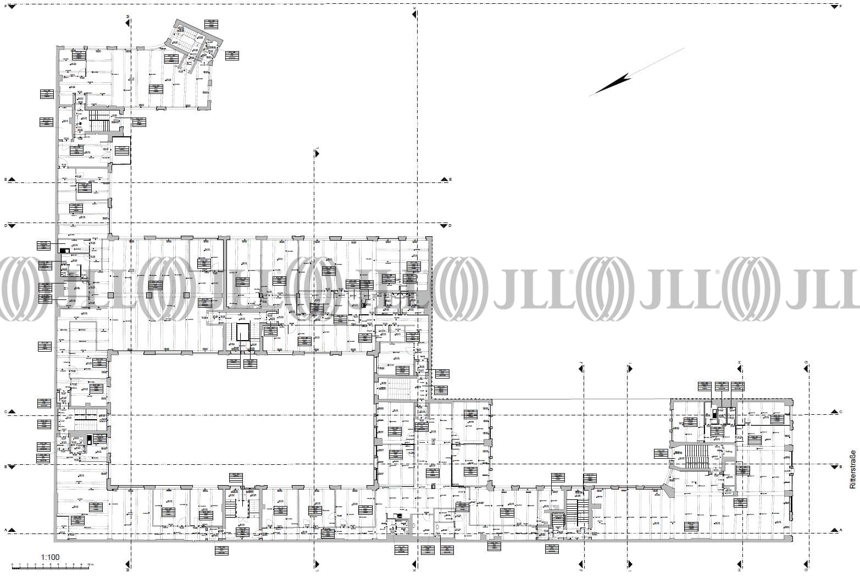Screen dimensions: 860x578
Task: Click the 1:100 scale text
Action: (50, 557)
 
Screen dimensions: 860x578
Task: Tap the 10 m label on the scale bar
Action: (90, 565)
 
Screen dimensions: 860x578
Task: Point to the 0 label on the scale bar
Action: (12, 565)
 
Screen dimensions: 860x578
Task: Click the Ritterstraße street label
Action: (852, 470)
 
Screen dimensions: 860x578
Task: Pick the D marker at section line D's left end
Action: (5, 225)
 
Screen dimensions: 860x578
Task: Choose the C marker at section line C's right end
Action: (841, 412)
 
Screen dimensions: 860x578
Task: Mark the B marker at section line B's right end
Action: (841, 466)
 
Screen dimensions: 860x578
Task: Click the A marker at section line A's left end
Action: (5, 530)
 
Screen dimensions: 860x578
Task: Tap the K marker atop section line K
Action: (414, 10)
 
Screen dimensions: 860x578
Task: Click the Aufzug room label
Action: (730, 452)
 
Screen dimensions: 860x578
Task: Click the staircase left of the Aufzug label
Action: (695, 457)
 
